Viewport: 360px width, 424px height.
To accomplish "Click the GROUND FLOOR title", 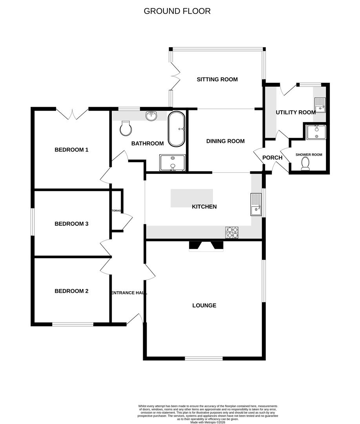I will pyautogui.click(x=177, y=11).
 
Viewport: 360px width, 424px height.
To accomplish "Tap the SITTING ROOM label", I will pyautogui.click(x=217, y=79).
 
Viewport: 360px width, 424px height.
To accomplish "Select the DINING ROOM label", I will pyautogui.click(x=225, y=141).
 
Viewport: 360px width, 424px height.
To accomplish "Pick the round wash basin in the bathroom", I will pyautogui.click(x=151, y=116).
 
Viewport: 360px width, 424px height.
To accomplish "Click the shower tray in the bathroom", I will pyautogui.click(x=172, y=163).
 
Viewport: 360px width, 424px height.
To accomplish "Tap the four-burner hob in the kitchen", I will pyautogui.click(x=232, y=232).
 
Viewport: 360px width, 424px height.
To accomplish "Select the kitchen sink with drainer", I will pyautogui.click(x=256, y=204).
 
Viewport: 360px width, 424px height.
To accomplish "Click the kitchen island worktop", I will pyautogui.click(x=191, y=198).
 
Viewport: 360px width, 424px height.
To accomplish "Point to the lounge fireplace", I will pyautogui.click(x=206, y=246).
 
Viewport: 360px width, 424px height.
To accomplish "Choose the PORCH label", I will pyautogui.click(x=272, y=158).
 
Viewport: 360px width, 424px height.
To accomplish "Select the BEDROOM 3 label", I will pyautogui.click(x=71, y=224).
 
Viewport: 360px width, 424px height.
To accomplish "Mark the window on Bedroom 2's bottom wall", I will pyautogui.click(x=73, y=324).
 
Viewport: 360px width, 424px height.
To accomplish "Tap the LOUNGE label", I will pyautogui.click(x=204, y=305).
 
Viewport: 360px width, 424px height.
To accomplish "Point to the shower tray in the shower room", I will pyautogui.click(x=316, y=132).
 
